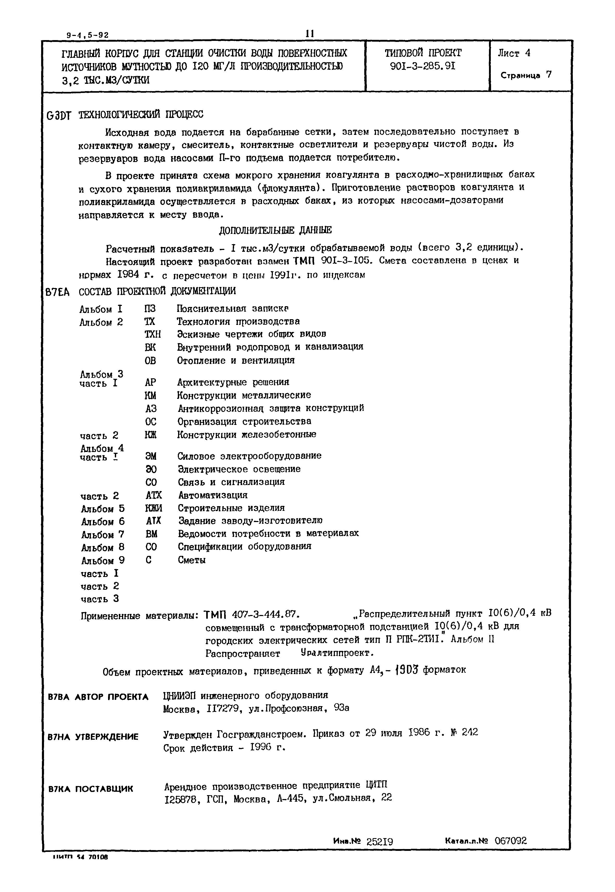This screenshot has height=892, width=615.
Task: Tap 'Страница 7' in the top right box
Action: [x=526, y=75]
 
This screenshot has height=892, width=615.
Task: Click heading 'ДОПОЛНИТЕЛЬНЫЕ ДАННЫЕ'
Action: [x=275, y=230]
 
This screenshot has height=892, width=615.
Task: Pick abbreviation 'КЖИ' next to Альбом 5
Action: [x=153, y=508]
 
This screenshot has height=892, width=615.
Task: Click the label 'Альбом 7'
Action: [x=103, y=535]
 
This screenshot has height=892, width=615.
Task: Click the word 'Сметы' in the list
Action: [x=192, y=560]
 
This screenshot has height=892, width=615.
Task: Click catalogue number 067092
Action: [x=511, y=841]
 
